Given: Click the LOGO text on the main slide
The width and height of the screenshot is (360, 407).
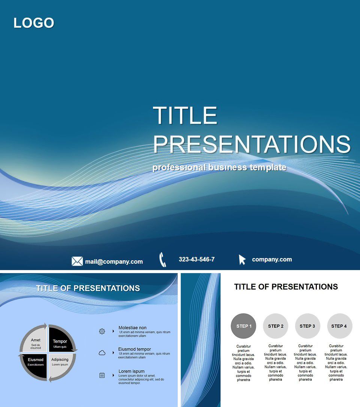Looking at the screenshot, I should [34, 23].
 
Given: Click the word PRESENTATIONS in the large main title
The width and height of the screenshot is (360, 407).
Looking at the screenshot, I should [252, 144].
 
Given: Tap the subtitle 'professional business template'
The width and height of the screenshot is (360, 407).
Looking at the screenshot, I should [219, 167].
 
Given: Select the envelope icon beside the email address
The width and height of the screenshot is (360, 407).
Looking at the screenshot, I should [77, 261].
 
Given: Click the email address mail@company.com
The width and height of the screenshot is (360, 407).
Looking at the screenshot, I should [114, 261].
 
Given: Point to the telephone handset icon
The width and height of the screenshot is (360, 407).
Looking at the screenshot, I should [162, 260].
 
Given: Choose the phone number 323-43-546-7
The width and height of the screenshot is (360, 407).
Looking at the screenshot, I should [196, 259].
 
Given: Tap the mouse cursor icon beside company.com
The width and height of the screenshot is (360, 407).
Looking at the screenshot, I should [242, 260].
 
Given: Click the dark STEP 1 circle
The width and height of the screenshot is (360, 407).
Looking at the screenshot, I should [243, 326].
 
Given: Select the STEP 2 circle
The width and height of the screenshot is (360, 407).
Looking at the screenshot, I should [276, 326].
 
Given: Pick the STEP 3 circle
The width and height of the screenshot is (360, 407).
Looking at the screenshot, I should [307, 326].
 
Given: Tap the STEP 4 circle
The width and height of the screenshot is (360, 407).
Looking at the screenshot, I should [339, 326].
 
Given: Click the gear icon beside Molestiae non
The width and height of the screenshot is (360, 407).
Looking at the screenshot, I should [102, 331].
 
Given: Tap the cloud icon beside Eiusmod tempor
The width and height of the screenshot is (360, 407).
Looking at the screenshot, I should [102, 353].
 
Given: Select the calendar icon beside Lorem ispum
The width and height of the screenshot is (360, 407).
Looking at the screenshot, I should [102, 375].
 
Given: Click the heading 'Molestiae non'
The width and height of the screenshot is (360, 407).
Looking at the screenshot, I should [132, 327].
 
